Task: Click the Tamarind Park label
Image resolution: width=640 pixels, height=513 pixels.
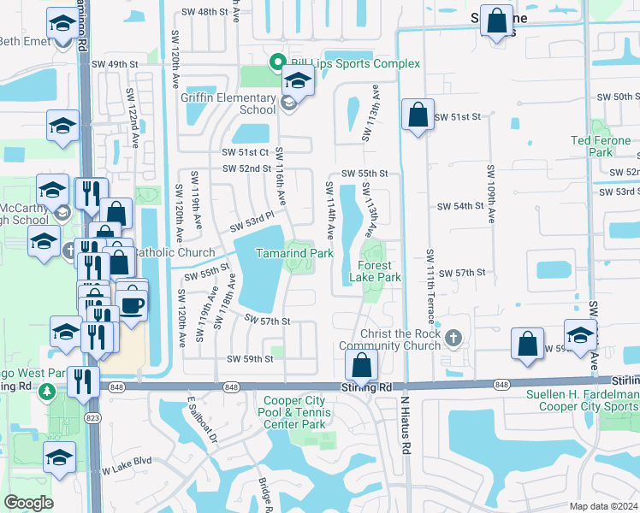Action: click(x=295, y=254)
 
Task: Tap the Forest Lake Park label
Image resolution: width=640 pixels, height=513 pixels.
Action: click(x=376, y=272)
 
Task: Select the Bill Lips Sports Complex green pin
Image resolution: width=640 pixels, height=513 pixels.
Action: click(x=277, y=63)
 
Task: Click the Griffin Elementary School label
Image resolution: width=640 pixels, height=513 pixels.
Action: click(x=228, y=103)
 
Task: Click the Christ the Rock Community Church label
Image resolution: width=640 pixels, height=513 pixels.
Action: click(x=394, y=339)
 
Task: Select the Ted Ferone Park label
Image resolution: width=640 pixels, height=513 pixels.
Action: click(x=601, y=146)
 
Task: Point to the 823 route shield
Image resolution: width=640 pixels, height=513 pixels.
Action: click(x=92, y=418)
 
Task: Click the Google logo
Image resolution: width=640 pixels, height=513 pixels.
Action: click(x=29, y=503)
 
